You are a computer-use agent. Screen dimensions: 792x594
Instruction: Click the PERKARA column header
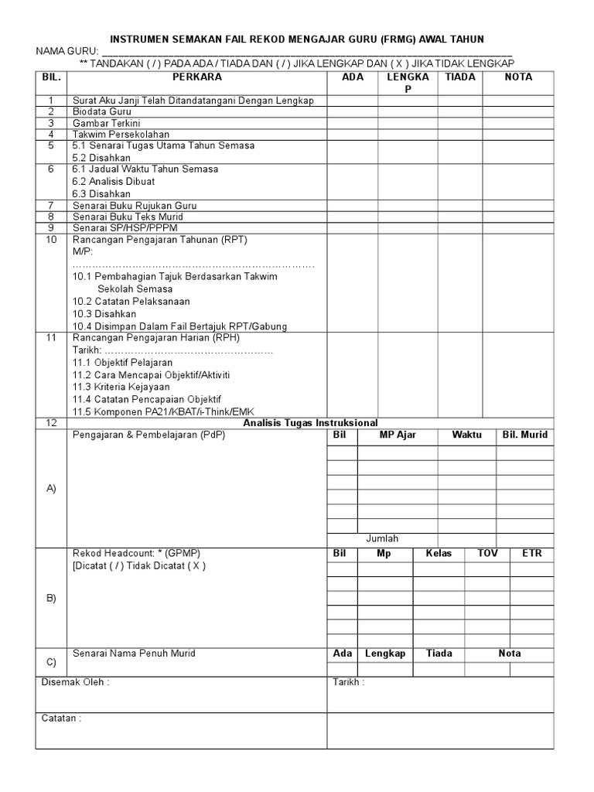tap(196, 77)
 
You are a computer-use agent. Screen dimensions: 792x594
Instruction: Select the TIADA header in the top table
tap(460, 77)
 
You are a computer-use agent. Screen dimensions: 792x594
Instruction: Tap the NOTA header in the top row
tap(518, 77)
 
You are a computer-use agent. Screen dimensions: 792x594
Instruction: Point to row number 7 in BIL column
tap(51, 205)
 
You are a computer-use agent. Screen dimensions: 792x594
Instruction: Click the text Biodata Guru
tap(102, 111)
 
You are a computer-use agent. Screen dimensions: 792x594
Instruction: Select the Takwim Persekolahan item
tap(121, 134)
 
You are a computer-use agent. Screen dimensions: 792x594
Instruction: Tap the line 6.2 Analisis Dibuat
tap(113, 181)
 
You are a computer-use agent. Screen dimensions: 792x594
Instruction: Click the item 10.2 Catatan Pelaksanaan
tap(131, 301)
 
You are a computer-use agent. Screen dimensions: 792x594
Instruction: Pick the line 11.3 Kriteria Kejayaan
tap(121, 387)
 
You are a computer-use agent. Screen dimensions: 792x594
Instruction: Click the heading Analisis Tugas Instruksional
tap(310, 422)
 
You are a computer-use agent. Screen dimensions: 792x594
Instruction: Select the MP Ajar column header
tap(398, 435)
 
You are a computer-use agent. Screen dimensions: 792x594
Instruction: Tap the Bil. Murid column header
tap(524, 435)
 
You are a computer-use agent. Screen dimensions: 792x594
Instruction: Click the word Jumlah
tap(382, 538)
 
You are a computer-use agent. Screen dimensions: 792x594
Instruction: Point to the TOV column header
tap(487, 554)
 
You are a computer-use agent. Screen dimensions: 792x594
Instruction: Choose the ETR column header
tap(532, 554)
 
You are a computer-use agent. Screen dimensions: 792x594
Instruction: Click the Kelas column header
tap(437, 554)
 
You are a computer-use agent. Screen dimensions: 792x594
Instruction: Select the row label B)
tap(51, 598)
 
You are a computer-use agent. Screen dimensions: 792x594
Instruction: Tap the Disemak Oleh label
tap(75, 683)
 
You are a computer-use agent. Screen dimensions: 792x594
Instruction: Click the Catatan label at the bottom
tap(61, 718)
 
